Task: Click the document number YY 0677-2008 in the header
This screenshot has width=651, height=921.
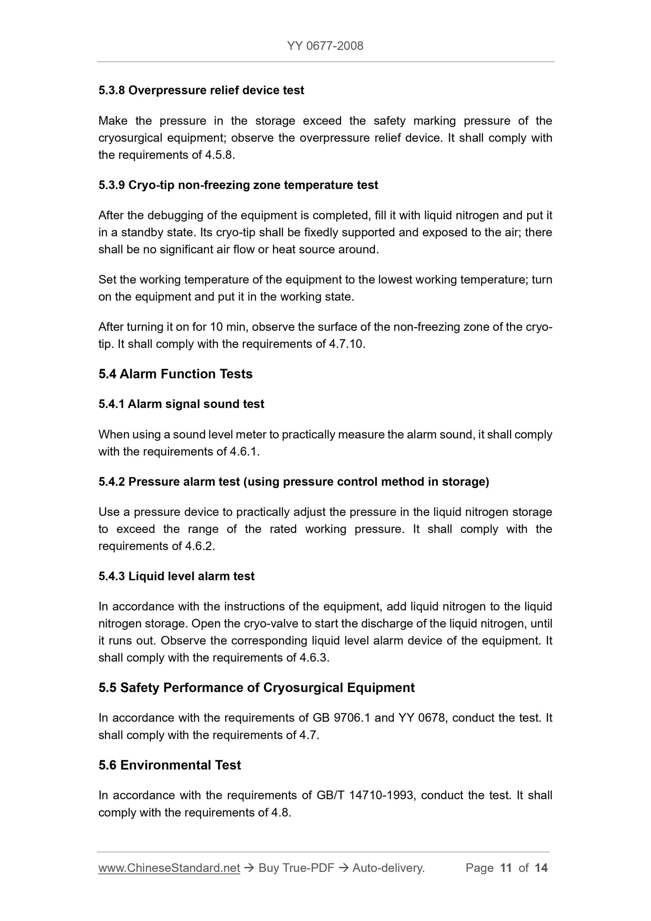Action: click(x=325, y=46)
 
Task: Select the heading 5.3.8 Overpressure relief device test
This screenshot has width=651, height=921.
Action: click(x=201, y=91)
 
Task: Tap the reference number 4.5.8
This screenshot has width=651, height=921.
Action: click(x=219, y=155)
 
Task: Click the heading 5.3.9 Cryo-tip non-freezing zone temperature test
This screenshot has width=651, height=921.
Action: click(x=238, y=185)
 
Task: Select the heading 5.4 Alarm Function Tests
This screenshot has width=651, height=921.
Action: click(x=175, y=374)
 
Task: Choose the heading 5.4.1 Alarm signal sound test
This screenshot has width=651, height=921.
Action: click(x=181, y=404)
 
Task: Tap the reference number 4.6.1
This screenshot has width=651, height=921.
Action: click(x=244, y=451)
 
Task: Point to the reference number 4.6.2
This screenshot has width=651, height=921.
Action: click(x=200, y=546)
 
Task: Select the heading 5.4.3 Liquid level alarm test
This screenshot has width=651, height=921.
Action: click(x=176, y=576)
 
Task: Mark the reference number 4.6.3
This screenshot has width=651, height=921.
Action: click(x=314, y=658)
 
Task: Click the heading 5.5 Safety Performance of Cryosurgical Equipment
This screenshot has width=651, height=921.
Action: click(x=256, y=688)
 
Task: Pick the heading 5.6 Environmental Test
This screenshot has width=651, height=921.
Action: click(x=169, y=765)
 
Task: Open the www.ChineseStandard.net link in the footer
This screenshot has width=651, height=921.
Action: click(x=169, y=868)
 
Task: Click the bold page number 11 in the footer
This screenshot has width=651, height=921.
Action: click(x=506, y=868)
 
